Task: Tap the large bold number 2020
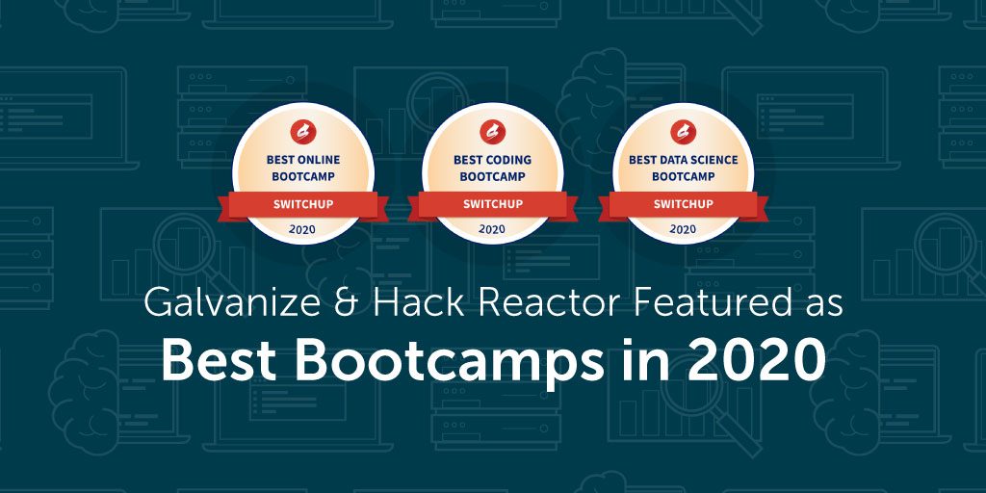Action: coord(755,362)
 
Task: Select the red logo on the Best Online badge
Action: coord(303,132)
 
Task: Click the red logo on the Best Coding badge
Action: coord(492,132)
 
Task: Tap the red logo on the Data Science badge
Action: coord(683,132)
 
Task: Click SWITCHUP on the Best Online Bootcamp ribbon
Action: coord(303,204)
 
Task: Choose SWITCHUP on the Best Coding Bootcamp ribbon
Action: coord(492,204)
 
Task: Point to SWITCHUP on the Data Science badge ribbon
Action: coord(683,204)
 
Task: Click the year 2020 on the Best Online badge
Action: coord(302,229)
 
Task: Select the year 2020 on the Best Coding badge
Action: coord(492,229)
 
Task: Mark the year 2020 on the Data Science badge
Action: coord(683,229)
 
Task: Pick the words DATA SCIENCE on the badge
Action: coord(696,161)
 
